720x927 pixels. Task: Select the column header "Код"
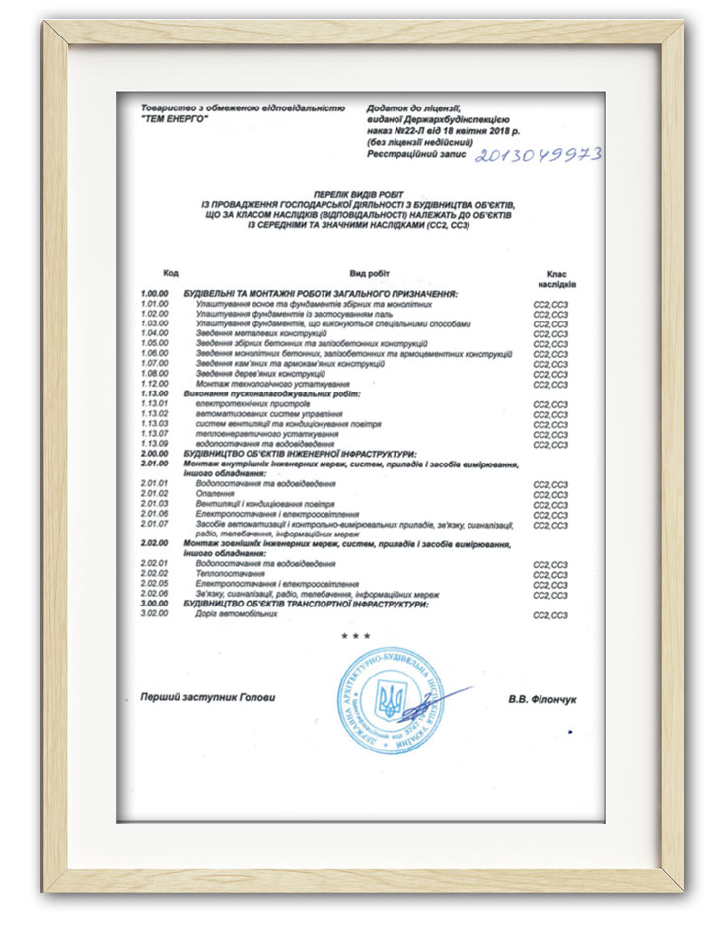[x=170, y=272]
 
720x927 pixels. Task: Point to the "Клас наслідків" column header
[x=557, y=278]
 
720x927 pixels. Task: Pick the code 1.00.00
[x=155, y=294]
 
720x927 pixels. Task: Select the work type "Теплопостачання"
[x=231, y=574]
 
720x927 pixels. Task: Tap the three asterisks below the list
[x=356, y=636]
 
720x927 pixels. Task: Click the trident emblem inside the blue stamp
[x=391, y=701]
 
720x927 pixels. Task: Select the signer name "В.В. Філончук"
[x=542, y=699]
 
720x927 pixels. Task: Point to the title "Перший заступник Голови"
[x=208, y=698]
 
